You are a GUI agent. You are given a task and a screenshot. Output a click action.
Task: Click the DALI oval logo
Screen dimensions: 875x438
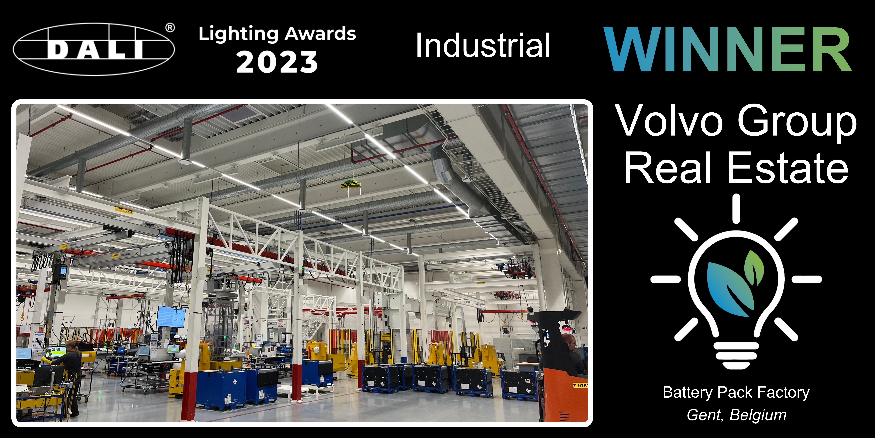[94, 49]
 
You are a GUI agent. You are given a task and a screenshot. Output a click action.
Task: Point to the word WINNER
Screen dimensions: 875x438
[728, 50]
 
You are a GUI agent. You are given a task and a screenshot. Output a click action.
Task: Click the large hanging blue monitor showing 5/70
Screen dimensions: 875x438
[171, 317]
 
